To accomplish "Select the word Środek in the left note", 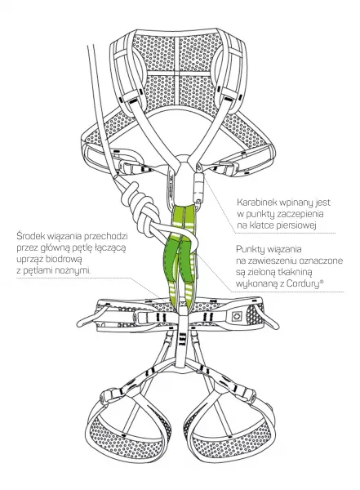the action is (29, 236).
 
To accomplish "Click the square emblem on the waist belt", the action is (236, 317).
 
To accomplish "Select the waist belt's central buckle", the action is (147, 318).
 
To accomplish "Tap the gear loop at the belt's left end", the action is (88, 318).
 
